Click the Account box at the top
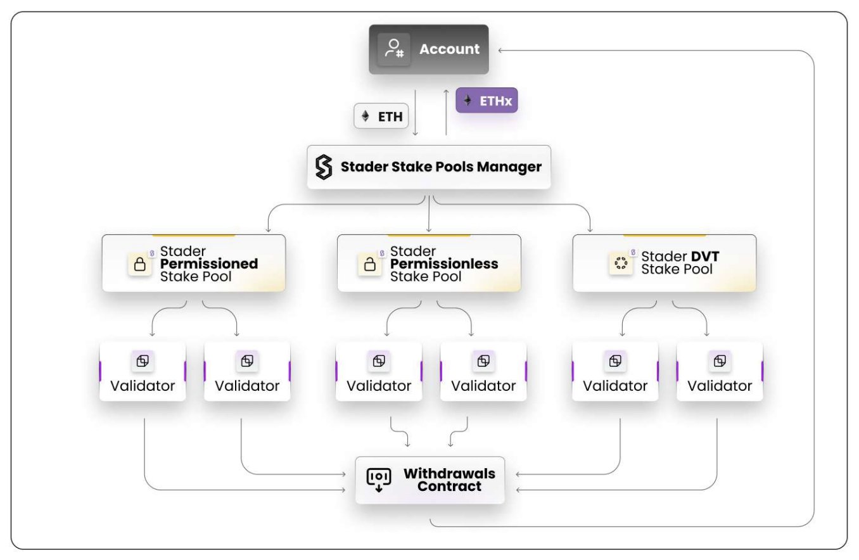click(429, 49)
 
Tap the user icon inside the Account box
click(394, 49)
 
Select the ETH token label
click(381, 117)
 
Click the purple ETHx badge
click(487, 100)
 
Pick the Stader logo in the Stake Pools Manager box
click(324, 167)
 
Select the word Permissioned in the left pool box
click(209, 264)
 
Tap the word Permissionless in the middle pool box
click(444, 264)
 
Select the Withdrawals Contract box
click(430, 480)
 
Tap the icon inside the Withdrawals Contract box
click(379, 480)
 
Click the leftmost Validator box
click(143, 372)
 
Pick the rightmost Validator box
click(720, 372)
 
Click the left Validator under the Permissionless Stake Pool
click(379, 372)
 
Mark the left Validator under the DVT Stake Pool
click(615, 372)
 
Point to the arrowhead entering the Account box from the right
click(501, 50)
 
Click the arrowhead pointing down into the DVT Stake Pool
click(590, 230)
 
